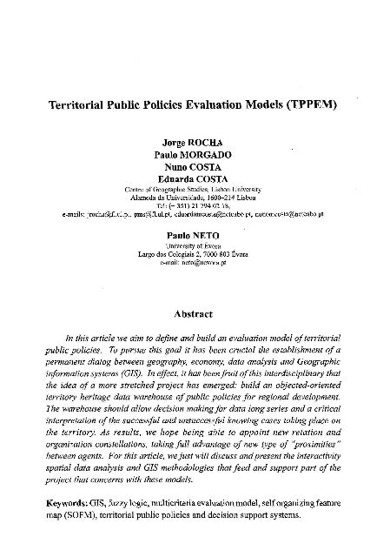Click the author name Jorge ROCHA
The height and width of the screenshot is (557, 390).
click(x=195, y=139)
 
